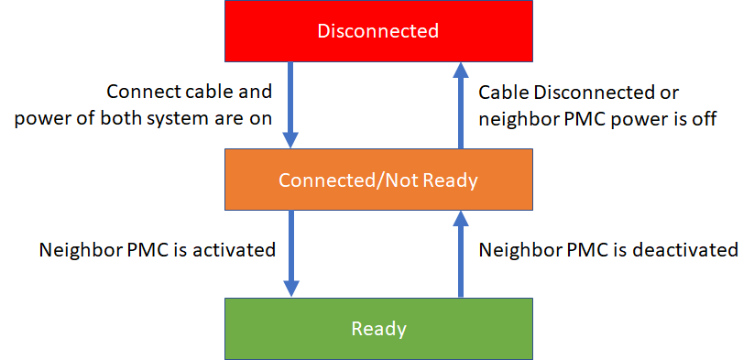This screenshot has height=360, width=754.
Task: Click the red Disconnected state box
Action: [377, 31]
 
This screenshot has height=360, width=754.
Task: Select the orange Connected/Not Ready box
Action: [377, 180]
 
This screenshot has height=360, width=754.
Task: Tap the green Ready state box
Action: [377, 328]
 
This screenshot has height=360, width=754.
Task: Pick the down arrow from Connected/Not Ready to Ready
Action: [291, 253]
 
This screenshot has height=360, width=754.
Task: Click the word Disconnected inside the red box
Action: [377, 31]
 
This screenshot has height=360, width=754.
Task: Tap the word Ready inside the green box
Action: [377, 328]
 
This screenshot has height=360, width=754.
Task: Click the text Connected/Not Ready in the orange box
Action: [377, 180]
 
